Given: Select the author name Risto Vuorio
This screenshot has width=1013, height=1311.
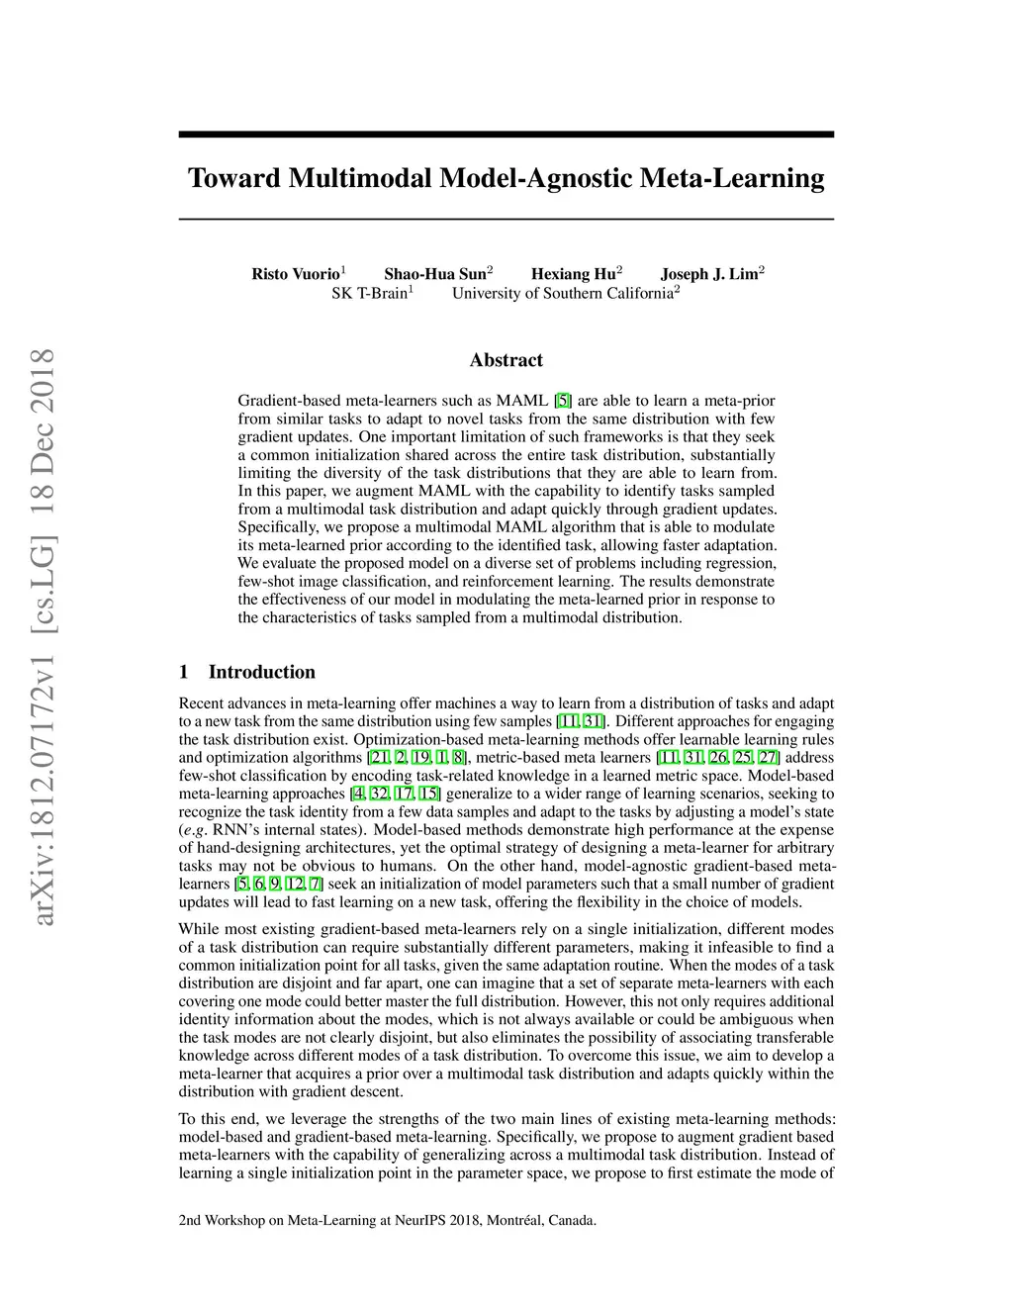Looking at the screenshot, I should pos(295,274).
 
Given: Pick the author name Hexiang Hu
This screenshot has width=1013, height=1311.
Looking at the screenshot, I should pos(573,274).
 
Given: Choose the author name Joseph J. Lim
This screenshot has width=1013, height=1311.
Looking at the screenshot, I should pos(708,274).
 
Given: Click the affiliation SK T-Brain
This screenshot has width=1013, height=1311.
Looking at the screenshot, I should pos(369,294).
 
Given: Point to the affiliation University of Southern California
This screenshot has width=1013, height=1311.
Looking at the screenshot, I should pos(562,294).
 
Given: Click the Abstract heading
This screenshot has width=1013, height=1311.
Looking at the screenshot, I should pos(506,360).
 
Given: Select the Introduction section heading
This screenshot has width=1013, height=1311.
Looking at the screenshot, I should pos(261,673).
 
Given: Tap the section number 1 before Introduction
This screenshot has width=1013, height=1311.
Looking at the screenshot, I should pos(184,673).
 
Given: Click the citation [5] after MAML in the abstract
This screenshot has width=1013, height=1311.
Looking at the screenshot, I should pos(563,401).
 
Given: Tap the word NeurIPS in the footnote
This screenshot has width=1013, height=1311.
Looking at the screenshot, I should pos(419,1220).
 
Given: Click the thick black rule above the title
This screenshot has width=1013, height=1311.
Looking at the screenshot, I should pos(506,135).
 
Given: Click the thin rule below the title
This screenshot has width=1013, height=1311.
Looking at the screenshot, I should pos(506,218).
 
